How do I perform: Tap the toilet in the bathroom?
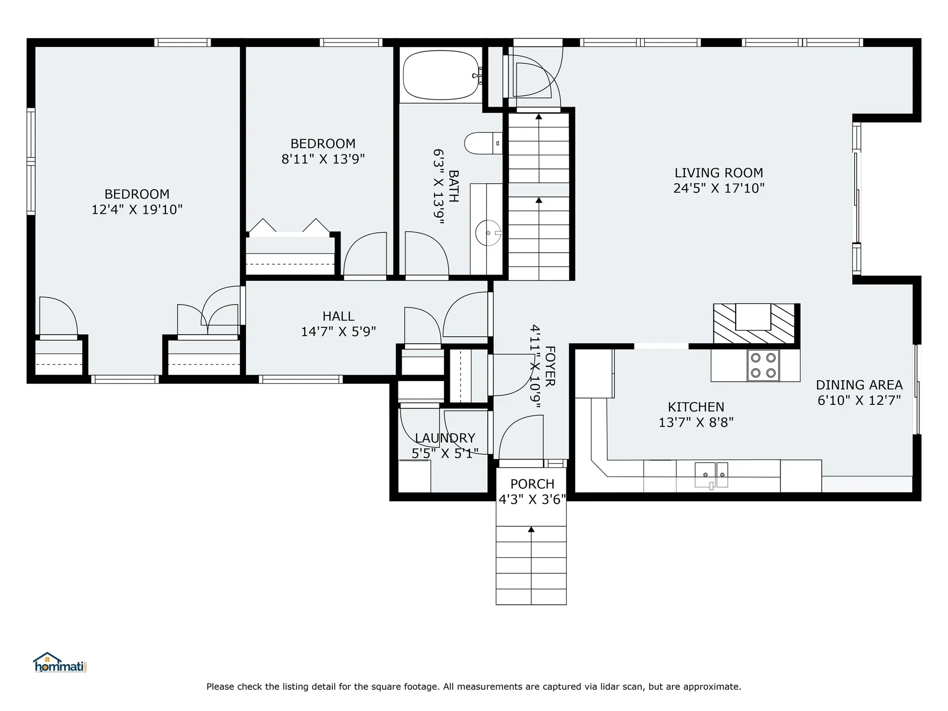click(x=483, y=143)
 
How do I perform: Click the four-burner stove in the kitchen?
click(x=763, y=365)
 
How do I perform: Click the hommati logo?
click(x=60, y=662)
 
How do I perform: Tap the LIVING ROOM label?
click(x=719, y=173)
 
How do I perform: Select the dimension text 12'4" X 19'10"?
click(x=137, y=209)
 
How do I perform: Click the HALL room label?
click(x=338, y=316)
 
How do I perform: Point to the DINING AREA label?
click(x=859, y=385)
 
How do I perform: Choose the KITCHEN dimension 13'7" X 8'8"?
click(x=696, y=422)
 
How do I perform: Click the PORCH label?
click(x=532, y=484)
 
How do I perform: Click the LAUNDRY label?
click(x=445, y=438)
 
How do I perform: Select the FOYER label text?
click(x=550, y=366)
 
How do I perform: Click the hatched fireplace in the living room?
click(x=754, y=323)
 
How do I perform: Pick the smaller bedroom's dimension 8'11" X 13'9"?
click(x=323, y=159)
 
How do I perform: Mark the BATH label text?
click(x=453, y=186)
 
